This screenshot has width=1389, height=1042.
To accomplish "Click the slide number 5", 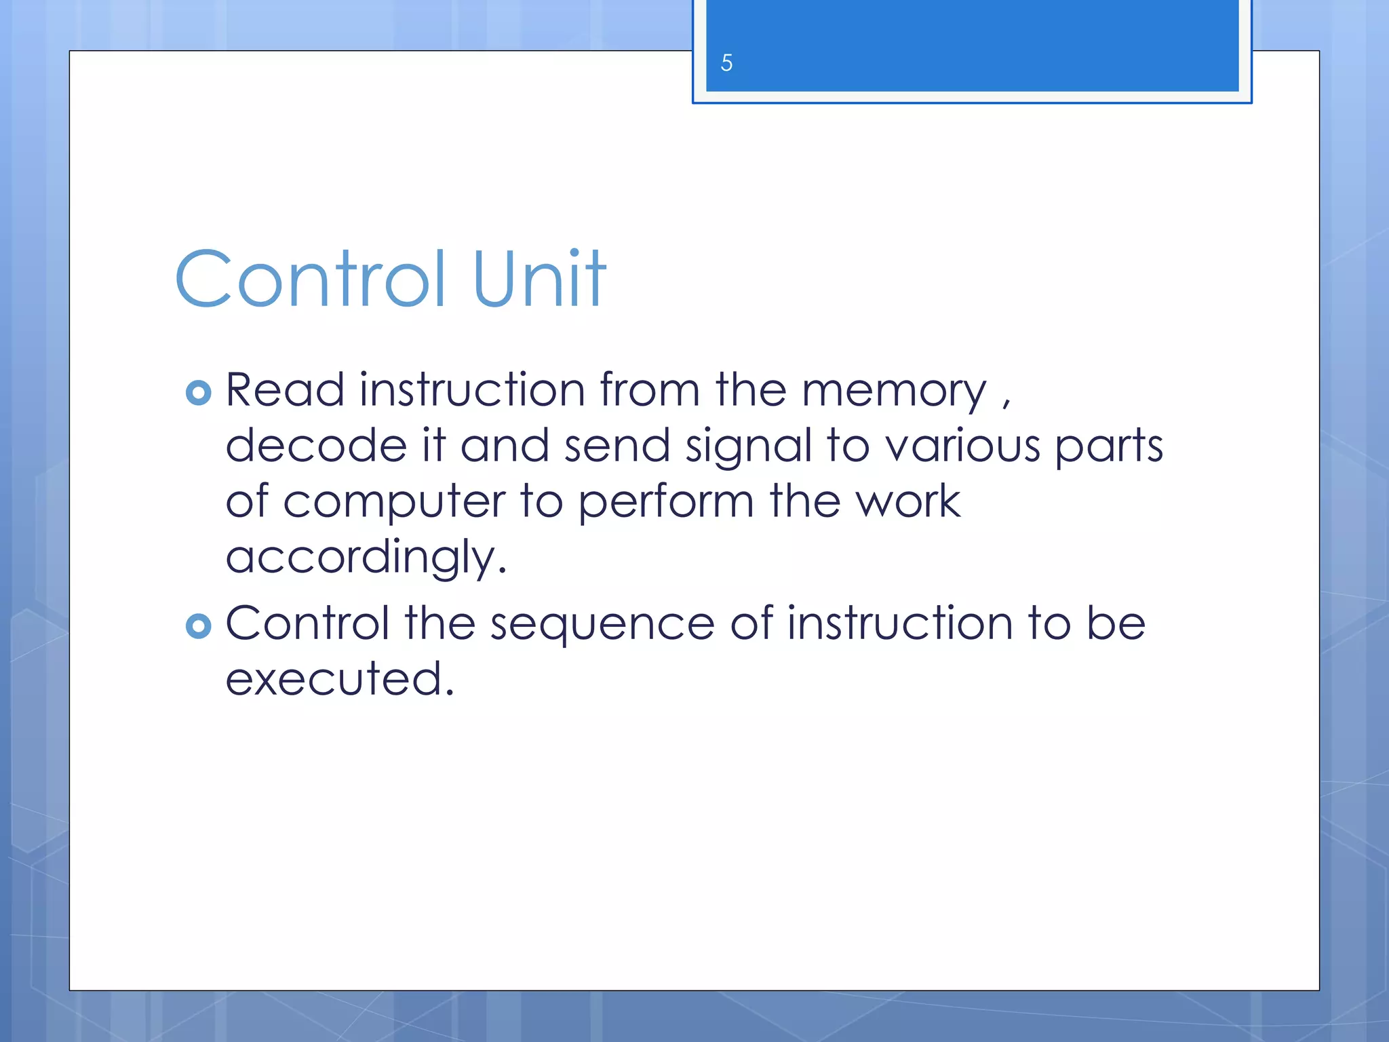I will click(726, 63).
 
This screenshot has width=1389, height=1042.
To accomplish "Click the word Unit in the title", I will click(539, 279).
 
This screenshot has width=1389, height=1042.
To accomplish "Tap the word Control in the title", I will click(311, 279).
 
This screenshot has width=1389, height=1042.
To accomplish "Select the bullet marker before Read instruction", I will click(198, 393).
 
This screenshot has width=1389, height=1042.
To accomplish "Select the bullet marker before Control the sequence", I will click(198, 625).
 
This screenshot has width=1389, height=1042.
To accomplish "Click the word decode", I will click(316, 446).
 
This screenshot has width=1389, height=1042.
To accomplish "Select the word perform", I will click(666, 502).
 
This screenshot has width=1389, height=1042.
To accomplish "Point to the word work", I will click(907, 501).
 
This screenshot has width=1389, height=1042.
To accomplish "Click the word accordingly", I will click(366, 558).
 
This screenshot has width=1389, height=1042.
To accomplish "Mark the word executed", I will click(339, 678).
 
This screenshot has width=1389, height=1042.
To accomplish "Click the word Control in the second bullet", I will click(307, 623).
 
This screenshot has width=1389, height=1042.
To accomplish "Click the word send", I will click(617, 446).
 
